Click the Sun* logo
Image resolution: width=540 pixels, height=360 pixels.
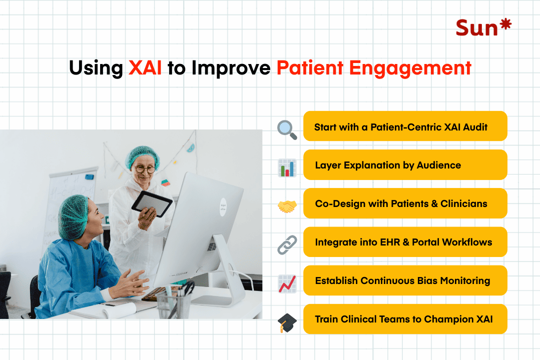click(x=483, y=27)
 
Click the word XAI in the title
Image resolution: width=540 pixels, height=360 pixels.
click(x=145, y=68)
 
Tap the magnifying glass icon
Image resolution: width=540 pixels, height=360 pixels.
click(x=287, y=129)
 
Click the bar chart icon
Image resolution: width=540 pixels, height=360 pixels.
click(x=287, y=168)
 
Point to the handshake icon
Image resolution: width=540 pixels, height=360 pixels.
click(x=287, y=206)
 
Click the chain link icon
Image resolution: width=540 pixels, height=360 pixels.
click(x=287, y=245)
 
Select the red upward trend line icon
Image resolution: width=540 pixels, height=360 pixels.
click(x=287, y=283)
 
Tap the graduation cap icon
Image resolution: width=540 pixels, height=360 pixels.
click(x=287, y=322)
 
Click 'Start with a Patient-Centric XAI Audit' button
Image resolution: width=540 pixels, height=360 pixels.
click(x=405, y=126)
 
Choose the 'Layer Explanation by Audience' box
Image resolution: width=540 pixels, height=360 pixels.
click(x=405, y=165)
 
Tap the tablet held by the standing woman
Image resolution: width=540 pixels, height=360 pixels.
click(x=152, y=202)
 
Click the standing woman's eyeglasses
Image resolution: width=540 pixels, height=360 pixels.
click(x=145, y=169)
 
